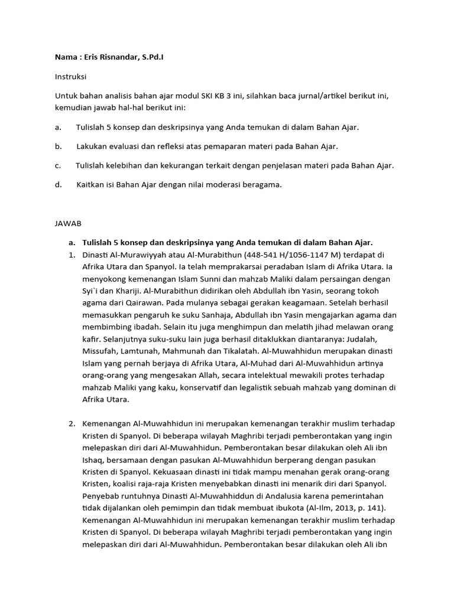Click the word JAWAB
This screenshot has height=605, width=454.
(68, 224)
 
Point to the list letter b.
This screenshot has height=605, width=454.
(58, 146)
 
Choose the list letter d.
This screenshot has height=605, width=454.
(58, 184)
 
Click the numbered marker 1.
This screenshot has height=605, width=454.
(71, 255)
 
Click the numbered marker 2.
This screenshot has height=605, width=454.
(71, 423)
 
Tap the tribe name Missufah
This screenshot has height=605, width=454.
(100, 352)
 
